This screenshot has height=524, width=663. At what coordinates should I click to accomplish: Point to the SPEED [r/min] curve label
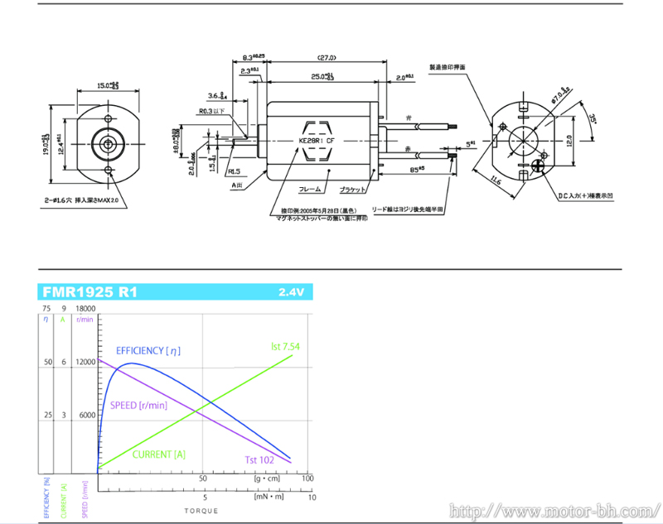point(139,406)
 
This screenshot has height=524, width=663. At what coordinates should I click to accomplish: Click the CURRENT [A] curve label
point(159,454)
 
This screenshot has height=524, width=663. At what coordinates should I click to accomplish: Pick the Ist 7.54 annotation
point(286,345)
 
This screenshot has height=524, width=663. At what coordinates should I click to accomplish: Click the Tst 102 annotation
point(259,460)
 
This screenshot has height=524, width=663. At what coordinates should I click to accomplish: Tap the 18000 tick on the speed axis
point(86,308)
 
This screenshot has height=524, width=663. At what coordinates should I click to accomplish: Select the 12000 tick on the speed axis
point(86,362)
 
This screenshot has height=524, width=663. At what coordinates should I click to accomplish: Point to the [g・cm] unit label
point(266,478)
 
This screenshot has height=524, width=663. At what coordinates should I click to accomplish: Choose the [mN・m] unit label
point(269,498)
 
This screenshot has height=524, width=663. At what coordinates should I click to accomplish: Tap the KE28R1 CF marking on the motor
point(315,142)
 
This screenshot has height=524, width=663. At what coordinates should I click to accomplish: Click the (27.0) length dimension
point(326,58)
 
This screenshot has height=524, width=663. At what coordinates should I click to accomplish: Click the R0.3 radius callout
point(211,111)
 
